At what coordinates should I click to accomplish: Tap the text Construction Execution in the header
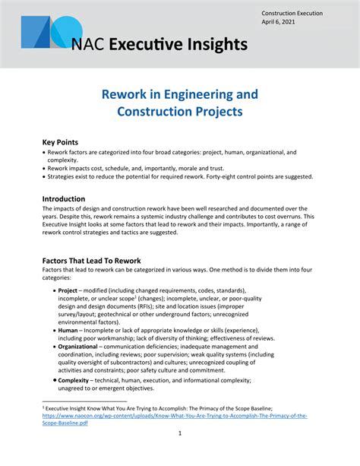pos(292,13)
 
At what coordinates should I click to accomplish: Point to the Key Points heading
pos(60,142)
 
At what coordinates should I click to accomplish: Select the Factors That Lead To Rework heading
pos(91,261)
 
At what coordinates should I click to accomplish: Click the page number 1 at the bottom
pos(180,434)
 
